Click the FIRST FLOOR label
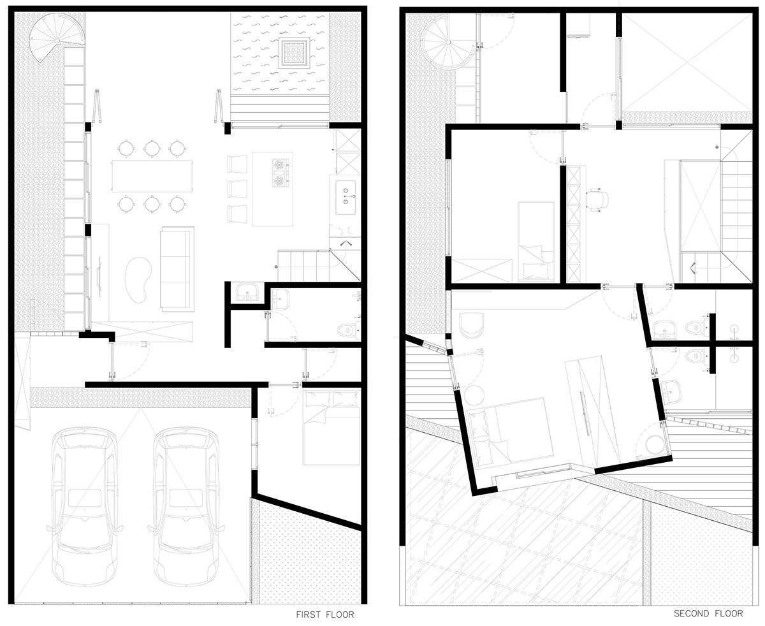click(324, 615)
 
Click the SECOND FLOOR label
click(708, 613)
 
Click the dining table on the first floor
click(152, 175)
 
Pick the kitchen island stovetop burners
click(279, 174)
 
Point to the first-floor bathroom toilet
click(347, 330)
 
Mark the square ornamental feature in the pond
click(294, 52)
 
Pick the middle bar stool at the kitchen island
click(237, 189)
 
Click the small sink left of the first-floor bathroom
click(246, 292)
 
